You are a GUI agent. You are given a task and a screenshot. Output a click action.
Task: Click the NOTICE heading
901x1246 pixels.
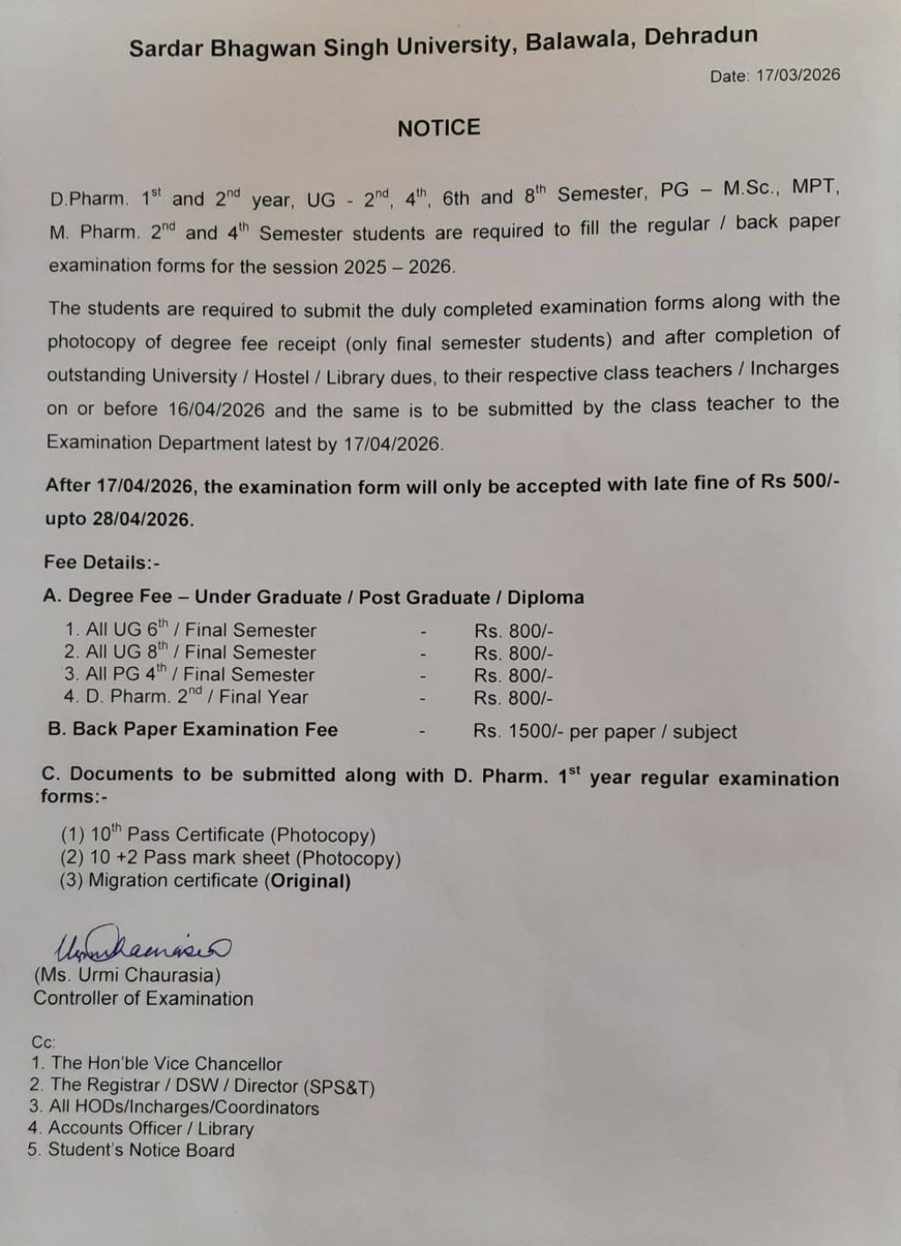pyautogui.click(x=438, y=128)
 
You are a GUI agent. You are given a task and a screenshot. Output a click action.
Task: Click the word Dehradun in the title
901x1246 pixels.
pyautogui.click(x=700, y=38)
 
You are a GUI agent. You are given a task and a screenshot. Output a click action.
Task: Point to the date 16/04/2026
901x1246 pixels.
pyautogui.click(x=217, y=410)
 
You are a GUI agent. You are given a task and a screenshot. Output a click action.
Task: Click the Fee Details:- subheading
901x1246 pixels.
pyautogui.click(x=102, y=562)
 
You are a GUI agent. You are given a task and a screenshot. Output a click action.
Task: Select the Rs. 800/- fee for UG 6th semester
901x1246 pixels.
pyautogui.click(x=513, y=631)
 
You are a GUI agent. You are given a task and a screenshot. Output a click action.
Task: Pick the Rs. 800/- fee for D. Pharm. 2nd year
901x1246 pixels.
pyautogui.click(x=513, y=699)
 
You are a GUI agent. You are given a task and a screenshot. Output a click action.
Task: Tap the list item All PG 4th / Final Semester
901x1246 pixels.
pyautogui.click(x=189, y=675)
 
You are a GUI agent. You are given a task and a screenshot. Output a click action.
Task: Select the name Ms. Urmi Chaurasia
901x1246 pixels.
pyautogui.click(x=128, y=975)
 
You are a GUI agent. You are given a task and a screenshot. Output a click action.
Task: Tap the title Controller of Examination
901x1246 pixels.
pyautogui.click(x=143, y=999)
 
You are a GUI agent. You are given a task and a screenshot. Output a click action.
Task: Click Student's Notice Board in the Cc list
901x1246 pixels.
pyautogui.click(x=141, y=1150)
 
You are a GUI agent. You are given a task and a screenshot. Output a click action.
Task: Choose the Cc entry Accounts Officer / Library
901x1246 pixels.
pyautogui.click(x=150, y=1129)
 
